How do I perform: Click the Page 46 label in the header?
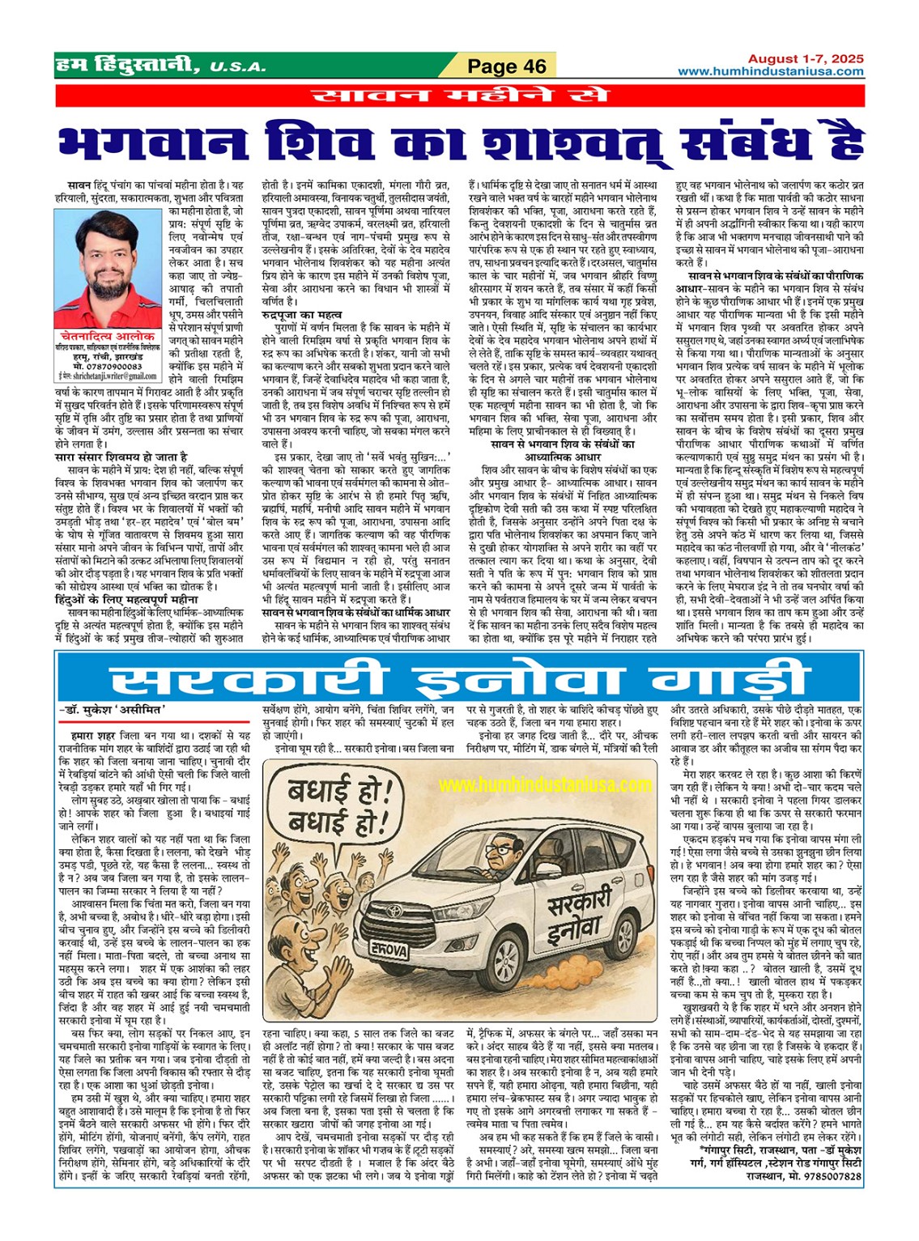[507, 66]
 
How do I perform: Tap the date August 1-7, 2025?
[805, 59]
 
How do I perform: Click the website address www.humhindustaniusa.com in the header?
[770, 71]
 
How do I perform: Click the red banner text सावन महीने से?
[459, 96]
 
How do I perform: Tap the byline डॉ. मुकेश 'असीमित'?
[113, 712]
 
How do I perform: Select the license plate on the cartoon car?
[389, 950]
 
